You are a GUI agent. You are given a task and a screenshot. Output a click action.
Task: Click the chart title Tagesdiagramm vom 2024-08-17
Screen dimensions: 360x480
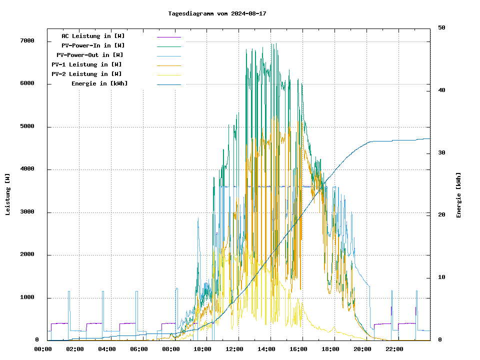217,13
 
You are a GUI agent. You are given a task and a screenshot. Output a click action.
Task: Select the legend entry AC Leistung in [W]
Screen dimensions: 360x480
93,36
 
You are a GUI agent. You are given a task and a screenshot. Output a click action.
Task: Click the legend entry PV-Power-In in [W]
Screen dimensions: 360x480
96,45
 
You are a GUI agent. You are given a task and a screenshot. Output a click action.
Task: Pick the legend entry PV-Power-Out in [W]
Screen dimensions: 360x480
90,55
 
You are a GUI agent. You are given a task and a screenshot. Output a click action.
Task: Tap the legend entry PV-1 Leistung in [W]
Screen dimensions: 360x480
86,64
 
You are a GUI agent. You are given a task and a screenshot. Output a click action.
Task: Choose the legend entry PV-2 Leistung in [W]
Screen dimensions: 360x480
86,74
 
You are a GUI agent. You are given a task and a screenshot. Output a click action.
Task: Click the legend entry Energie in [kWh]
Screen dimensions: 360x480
99,83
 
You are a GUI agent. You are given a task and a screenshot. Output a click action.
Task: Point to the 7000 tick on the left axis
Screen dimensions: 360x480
27,41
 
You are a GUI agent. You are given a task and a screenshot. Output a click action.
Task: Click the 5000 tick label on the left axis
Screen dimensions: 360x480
27,126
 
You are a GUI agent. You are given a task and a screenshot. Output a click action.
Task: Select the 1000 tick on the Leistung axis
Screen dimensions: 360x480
27,297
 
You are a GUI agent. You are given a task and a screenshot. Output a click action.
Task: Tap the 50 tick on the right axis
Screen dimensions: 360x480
441,27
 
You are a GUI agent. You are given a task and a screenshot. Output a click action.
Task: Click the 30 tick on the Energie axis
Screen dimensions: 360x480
441,152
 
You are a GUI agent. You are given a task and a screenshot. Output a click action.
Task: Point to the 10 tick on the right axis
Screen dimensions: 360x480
441,277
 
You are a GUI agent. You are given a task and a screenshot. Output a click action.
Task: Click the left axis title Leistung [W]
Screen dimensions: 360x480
8,194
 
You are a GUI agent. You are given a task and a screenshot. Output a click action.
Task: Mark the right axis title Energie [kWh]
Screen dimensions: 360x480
459,195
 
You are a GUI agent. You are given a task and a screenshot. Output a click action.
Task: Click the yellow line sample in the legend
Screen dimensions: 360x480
168,74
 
